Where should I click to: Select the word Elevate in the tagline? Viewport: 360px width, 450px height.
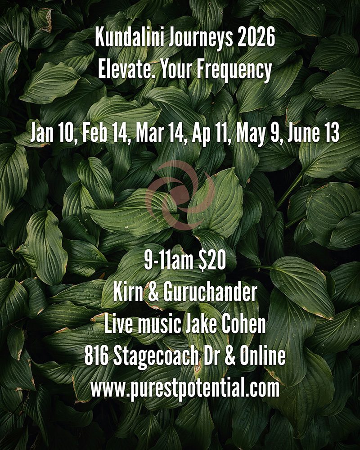tap(126, 70)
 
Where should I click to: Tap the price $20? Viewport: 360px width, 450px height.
tap(212, 261)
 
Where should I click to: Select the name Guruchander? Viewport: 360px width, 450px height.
tap(210, 293)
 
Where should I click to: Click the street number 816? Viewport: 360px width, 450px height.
tap(96, 356)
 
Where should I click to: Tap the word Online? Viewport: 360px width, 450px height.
tap(263, 356)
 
